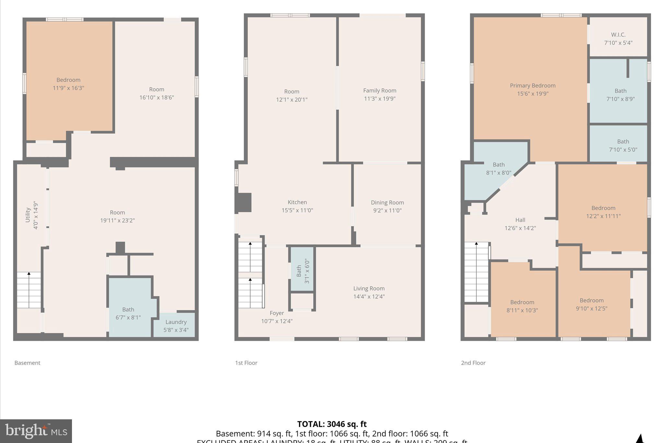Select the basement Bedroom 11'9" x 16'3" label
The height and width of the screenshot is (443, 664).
[68, 84]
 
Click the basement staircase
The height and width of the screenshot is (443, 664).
[29, 290]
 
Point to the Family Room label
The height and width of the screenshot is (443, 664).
[380, 91]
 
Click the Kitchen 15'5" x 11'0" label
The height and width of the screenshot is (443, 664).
[297, 206]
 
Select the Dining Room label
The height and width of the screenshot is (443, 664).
[387, 203]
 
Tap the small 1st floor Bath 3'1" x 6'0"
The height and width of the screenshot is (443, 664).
[302, 269]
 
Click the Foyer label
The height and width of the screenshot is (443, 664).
[277, 313]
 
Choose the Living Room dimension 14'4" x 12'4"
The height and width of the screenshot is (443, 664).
[369, 296]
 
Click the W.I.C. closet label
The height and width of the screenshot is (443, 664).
[618, 35]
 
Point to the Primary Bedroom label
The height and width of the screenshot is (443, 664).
[532, 86]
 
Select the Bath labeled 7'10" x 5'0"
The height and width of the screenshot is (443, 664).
[623, 145]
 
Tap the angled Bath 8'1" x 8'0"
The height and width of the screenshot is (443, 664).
[498, 168]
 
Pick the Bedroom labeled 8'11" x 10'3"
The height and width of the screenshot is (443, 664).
[522, 306]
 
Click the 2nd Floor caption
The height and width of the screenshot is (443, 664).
[473, 363]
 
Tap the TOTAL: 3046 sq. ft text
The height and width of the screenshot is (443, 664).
[332, 424]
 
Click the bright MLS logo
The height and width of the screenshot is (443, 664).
[36, 431]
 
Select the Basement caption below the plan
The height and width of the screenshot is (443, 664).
[27, 363]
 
